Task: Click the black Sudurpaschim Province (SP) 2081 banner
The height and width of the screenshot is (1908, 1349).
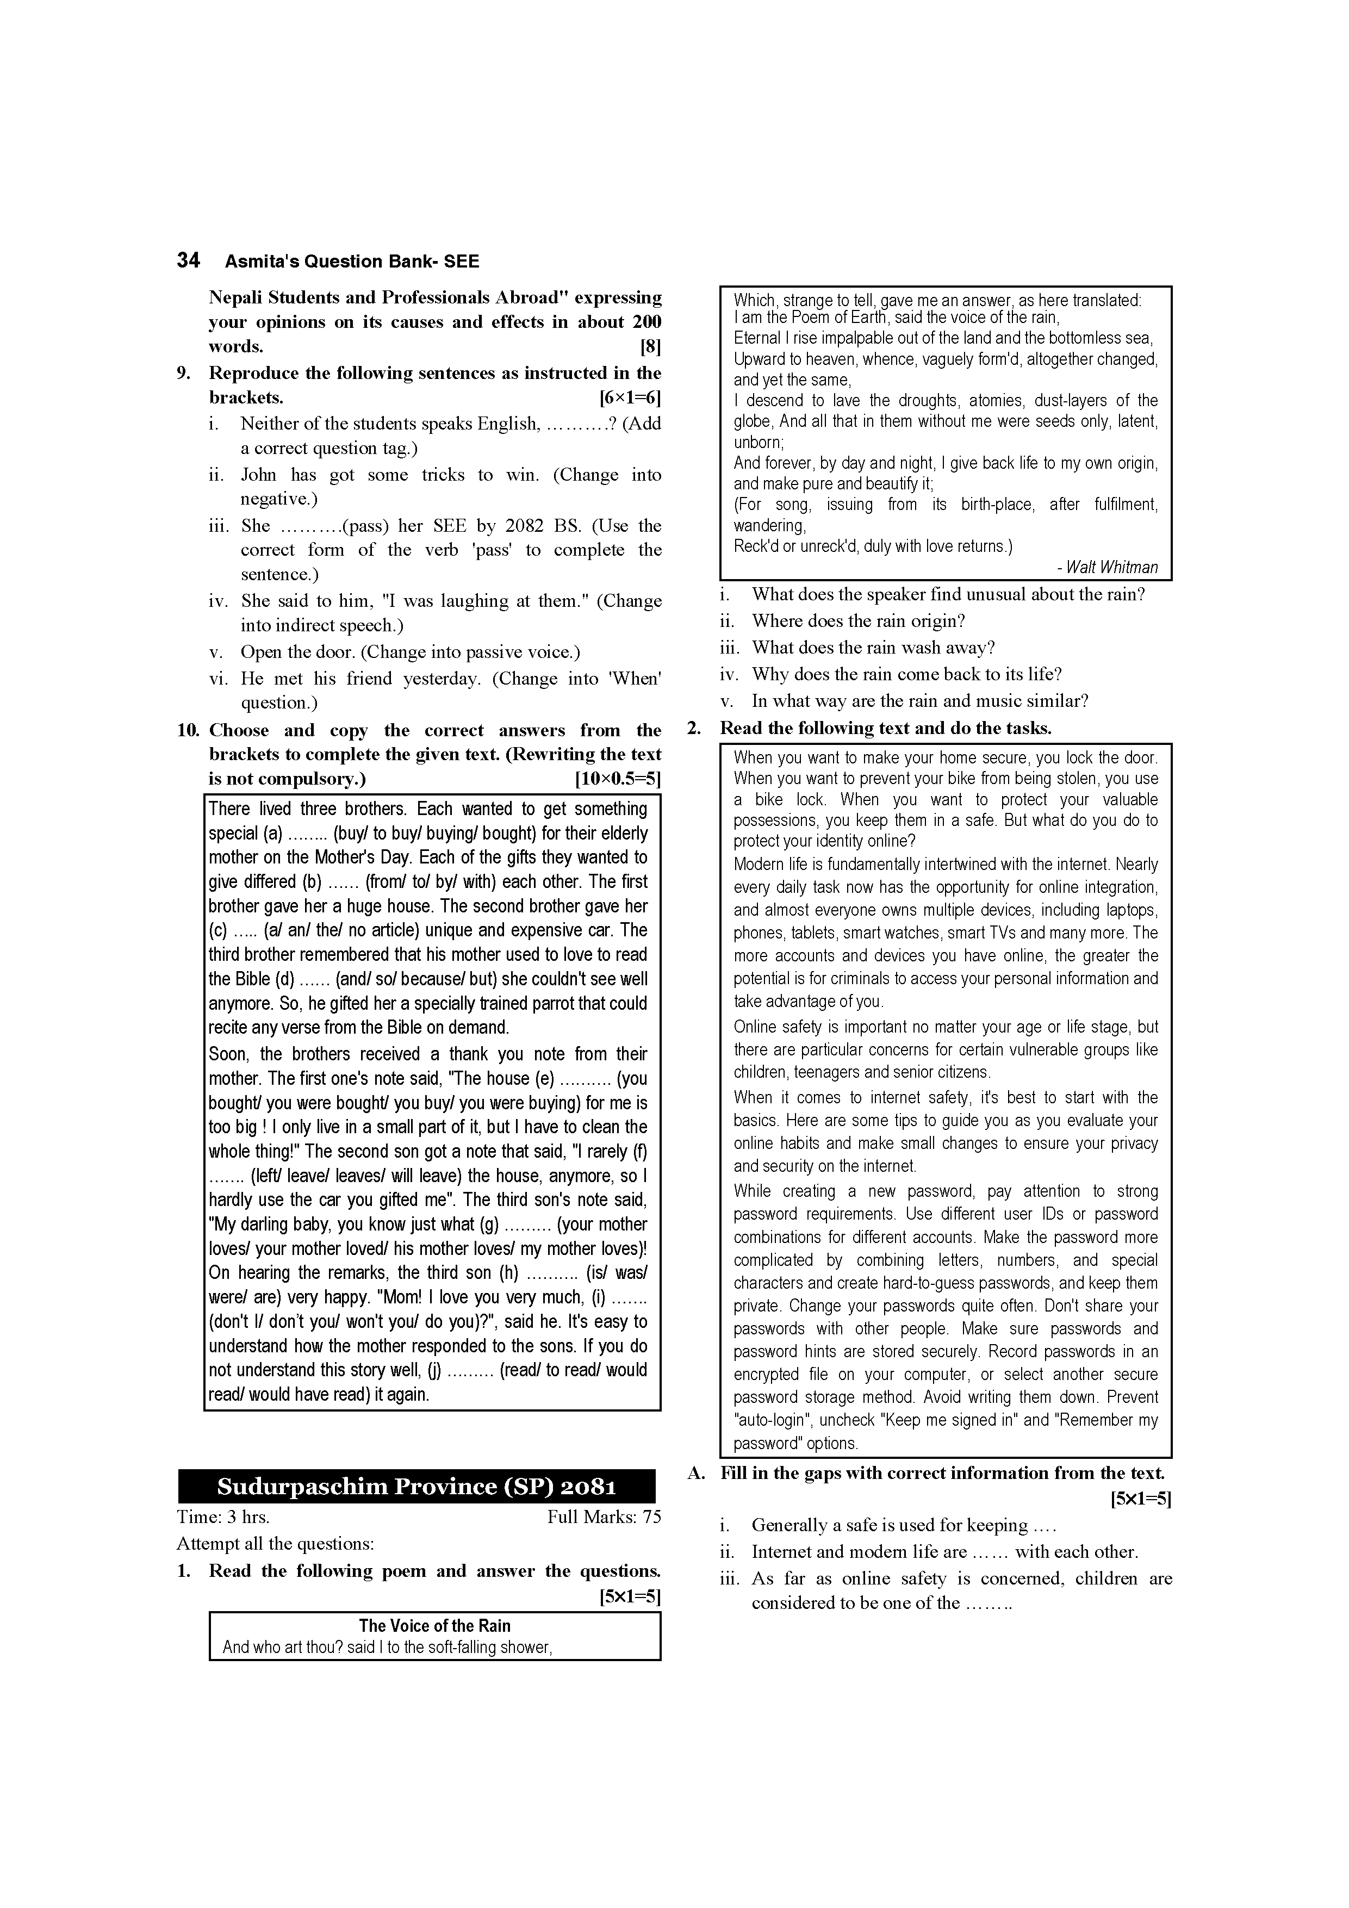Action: click(416, 1487)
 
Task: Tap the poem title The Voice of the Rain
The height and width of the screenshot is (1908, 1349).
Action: click(434, 1625)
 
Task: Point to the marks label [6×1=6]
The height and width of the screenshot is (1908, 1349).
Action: click(630, 397)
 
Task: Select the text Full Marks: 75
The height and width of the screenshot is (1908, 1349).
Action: click(604, 1518)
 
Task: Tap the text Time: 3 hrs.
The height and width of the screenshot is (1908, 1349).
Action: click(223, 1518)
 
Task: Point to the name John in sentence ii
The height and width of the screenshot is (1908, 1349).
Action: click(258, 475)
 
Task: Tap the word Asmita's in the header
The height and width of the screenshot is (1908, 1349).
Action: click(262, 262)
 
